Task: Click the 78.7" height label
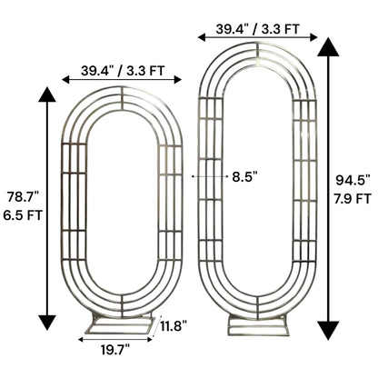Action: (23, 197)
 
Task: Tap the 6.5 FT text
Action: (23, 215)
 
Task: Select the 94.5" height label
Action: (353, 181)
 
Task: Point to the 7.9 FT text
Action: (353, 199)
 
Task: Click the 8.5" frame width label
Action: (244, 176)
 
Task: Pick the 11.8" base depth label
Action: (174, 327)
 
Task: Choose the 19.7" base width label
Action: (115, 350)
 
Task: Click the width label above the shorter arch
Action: (123, 71)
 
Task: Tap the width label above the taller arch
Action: (257, 29)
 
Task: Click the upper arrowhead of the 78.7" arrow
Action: (47, 94)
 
